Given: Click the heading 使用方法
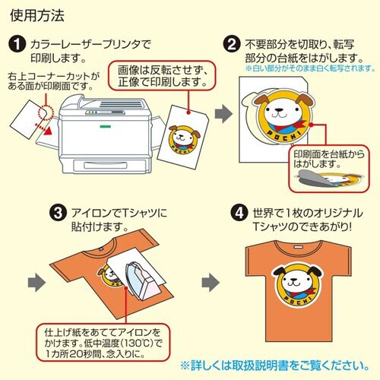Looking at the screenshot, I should (36, 14).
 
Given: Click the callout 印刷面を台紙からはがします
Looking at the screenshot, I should (325, 158).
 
